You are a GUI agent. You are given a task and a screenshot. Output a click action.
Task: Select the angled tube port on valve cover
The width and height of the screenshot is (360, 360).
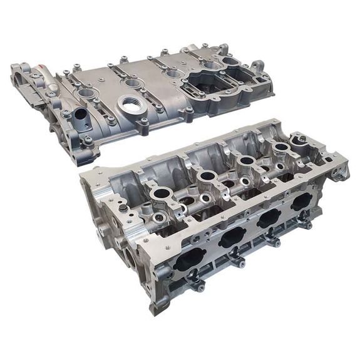coord(80,116)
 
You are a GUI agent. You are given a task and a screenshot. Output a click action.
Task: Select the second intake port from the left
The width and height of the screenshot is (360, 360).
coord(232,237)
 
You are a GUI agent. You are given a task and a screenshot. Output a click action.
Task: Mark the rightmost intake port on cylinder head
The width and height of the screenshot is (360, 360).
coord(303,200)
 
